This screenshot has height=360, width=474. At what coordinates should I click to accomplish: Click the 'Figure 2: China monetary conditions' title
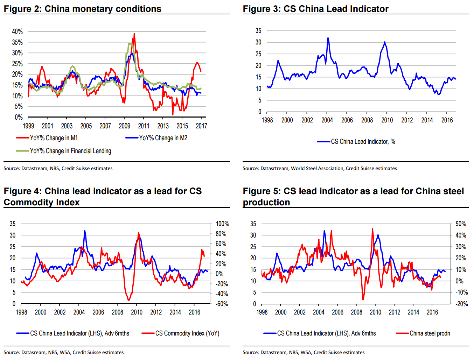click(x=83, y=9)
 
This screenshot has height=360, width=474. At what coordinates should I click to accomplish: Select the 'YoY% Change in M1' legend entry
click(x=54, y=138)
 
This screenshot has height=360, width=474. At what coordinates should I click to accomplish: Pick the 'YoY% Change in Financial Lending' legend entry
click(x=70, y=151)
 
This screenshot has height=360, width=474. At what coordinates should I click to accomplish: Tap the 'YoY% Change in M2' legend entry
click(x=163, y=138)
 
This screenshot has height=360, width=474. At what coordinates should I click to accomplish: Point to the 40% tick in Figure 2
click(x=17, y=31)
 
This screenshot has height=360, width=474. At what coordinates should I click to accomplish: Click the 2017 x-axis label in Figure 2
click(x=201, y=126)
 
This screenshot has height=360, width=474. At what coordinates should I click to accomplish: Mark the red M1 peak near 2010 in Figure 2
click(x=134, y=34)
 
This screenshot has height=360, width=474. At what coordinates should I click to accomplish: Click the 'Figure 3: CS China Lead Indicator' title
click(x=315, y=9)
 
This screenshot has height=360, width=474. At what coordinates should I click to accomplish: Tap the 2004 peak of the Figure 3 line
click(x=328, y=38)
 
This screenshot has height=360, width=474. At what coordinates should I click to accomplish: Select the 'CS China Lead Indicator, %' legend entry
click(x=363, y=142)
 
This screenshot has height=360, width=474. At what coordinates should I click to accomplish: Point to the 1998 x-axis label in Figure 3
click(x=267, y=120)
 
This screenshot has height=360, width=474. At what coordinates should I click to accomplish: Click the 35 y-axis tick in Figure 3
click(x=258, y=31)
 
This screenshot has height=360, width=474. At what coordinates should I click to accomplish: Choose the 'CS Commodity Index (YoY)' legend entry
click(x=187, y=333)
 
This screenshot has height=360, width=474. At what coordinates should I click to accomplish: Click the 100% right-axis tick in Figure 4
click(x=222, y=224)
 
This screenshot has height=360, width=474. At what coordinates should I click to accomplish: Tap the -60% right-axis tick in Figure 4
click(x=222, y=304)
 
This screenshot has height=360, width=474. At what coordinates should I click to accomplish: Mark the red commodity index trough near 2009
click(x=128, y=300)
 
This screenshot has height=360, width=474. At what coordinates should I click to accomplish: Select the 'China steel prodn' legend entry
click(x=430, y=333)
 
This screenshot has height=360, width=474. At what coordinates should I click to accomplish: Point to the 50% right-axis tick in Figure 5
click(x=461, y=224)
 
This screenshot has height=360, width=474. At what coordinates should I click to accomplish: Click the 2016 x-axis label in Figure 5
click(x=432, y=312)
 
